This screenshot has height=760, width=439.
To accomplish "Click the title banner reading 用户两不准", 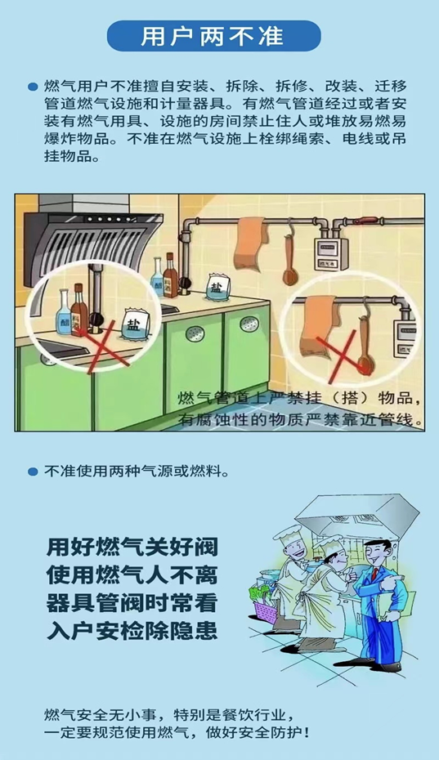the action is pos(213,36).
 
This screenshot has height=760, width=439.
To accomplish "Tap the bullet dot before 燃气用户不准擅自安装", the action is pos(33,87).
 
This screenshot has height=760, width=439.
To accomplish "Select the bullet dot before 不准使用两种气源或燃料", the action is pos(33,472).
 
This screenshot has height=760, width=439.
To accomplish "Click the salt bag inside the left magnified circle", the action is pos(134,324).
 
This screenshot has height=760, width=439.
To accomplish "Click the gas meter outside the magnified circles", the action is pos(331,253).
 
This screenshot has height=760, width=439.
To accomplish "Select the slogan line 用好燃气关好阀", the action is pos(132,548).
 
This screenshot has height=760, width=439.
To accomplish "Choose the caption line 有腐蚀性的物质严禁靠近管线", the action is pos(300,419).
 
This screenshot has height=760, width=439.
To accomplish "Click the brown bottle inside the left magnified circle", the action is pos(79,311).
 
